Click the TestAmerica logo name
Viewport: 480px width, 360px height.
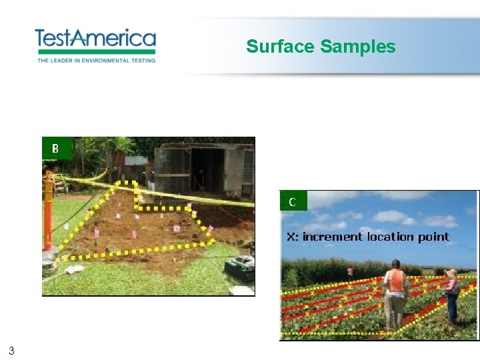pyautogui.click(x=95, y=38)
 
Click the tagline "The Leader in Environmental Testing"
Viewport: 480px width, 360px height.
pyautogui.click(x=96, y=60)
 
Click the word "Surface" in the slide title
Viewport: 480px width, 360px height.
pyautogui.click(x=280, y=47)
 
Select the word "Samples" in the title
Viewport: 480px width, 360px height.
pyautogui.click(x=358, y=47)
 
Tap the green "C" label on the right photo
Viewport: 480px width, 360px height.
pyautogui.click(x=293, y=201)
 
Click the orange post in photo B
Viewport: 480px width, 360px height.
pyautogui.click(x=48, y=213)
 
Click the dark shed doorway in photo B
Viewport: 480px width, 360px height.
pyautogui.click(x=207, y=170)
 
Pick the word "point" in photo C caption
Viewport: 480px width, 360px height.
pyautogui.click(x=433, y=237)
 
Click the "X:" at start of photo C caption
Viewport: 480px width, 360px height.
pyautogui.click(x=293, y=237)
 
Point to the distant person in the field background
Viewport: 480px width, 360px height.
pyautogui.click(x=349, y=272)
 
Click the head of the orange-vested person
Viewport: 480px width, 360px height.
pyautogui.click(x=396, y=264)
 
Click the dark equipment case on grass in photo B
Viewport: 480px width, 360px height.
pyautogui.click(x=239, y=267)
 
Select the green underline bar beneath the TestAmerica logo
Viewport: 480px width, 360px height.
pyautogui.click(x=95, y=51)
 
